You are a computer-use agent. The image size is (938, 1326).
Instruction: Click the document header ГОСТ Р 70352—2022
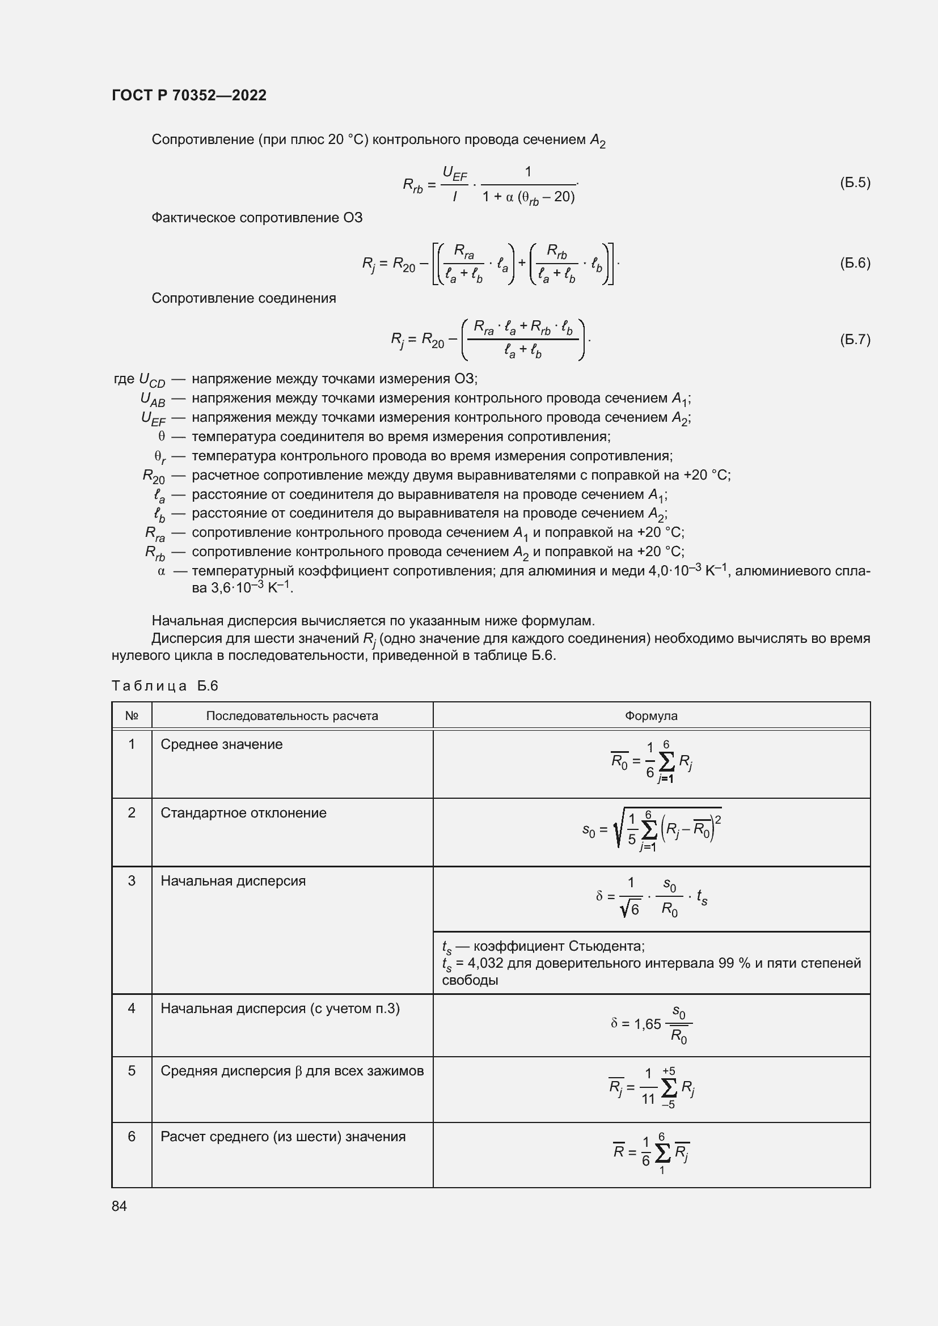tap(189, 95)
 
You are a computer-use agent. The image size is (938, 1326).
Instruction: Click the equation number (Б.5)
tap(854, 183)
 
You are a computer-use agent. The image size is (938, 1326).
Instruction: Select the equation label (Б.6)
tap(854, 264)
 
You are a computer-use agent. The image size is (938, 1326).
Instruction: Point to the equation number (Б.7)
tap(854, 340)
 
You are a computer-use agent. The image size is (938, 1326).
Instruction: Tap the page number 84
tap(119, 1206)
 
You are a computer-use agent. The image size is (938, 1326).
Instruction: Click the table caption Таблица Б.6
tap(164, 685)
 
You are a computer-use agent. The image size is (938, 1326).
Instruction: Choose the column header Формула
tap(651, 716)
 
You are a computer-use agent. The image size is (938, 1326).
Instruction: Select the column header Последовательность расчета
tap(291, 716)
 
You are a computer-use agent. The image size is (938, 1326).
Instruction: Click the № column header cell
tap(132, 716)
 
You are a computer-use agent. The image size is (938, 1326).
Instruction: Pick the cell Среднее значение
tap(222, 744)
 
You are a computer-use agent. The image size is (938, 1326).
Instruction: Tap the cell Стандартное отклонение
tap(243, 812)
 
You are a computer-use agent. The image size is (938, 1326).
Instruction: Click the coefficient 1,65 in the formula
tap(647, 1024)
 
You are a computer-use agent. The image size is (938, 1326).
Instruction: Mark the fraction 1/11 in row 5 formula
tap(648, 1086)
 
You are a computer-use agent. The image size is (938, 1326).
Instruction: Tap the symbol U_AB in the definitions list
tap(153, 399)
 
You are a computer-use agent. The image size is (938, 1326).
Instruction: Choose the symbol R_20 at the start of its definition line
tap(154, 476)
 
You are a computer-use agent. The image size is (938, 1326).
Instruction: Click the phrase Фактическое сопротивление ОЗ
tap(257, 218)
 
